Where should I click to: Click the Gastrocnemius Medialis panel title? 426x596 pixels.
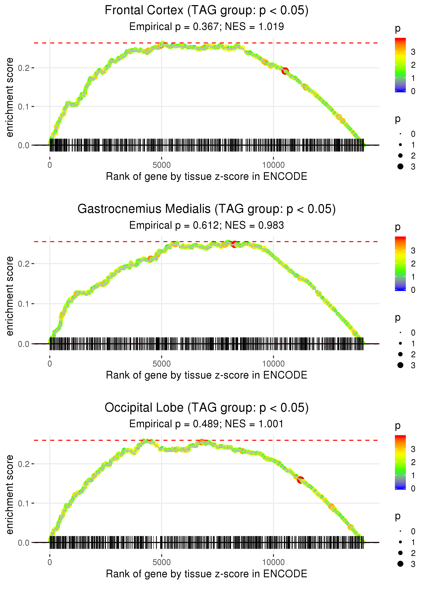point(207,209)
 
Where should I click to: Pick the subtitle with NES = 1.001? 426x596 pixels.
point(207,424)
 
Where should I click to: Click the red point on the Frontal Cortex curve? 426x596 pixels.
point(285,71)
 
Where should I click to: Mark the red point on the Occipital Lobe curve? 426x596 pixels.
point(300,480)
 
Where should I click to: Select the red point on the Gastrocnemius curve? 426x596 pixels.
point(234,244)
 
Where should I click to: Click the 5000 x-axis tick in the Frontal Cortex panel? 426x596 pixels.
point(162,165)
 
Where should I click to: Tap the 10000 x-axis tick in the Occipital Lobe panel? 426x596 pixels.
point(273,562)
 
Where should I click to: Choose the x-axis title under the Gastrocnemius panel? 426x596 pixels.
point(207,375)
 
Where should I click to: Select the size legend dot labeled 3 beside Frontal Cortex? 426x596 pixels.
point(400,166)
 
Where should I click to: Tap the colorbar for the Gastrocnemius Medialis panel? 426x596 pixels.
point(400,263)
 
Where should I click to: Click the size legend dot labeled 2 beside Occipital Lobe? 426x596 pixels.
point(400,553)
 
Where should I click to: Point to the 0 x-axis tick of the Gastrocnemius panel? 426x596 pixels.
point(50,364)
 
